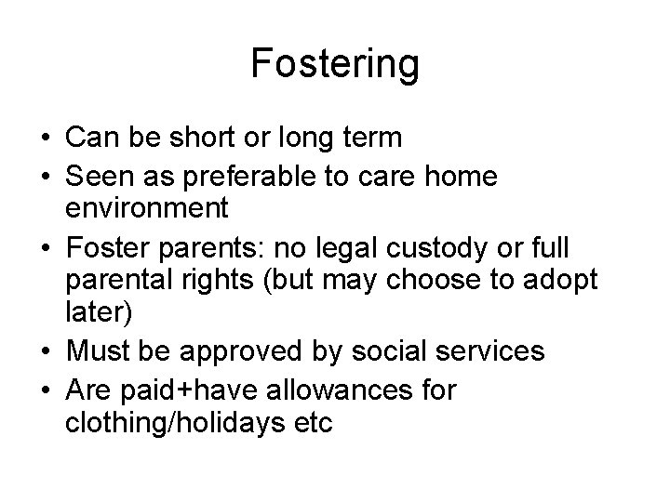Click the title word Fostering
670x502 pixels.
click(x=335, y=65)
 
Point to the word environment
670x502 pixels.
click(x=147, y=208)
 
